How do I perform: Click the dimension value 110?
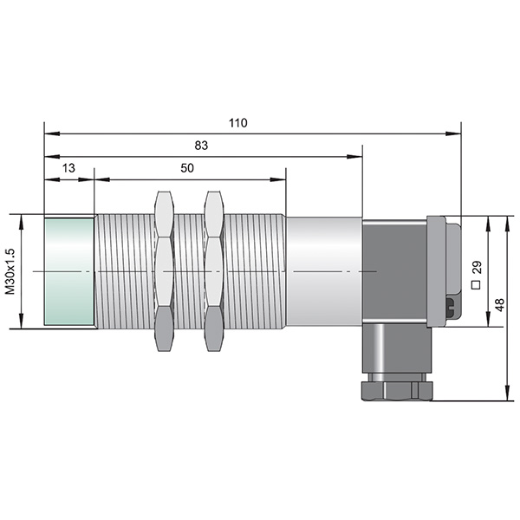[x=237, y=123]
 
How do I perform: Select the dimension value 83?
[x=201, y=146]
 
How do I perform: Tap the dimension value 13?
[x=68, y=168]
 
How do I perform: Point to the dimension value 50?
[x=187, y=168]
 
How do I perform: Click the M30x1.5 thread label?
[x=10, y=271]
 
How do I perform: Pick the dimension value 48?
[x=500, y=305]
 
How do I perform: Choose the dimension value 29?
[x=477, y=267]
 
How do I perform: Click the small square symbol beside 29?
[x=476, y=285]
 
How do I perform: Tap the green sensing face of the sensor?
[x=69, y=271]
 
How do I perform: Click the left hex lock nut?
[x=164, y=271]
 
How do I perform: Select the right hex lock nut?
[x=213, y=271]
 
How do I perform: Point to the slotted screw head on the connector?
[x=451, y=308]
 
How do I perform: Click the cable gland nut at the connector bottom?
[x=397, y=392]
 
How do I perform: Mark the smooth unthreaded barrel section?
[x=324, y=271]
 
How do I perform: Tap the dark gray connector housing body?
[x=394, y=271]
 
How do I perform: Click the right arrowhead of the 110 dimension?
[x=453, y=133]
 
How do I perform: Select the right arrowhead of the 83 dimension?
[x=354, y=157]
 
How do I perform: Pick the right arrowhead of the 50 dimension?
[x=278, y=179]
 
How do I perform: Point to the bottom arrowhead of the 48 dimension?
[x=507, y=393]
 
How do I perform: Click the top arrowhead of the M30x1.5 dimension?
[x=21, y=222]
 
